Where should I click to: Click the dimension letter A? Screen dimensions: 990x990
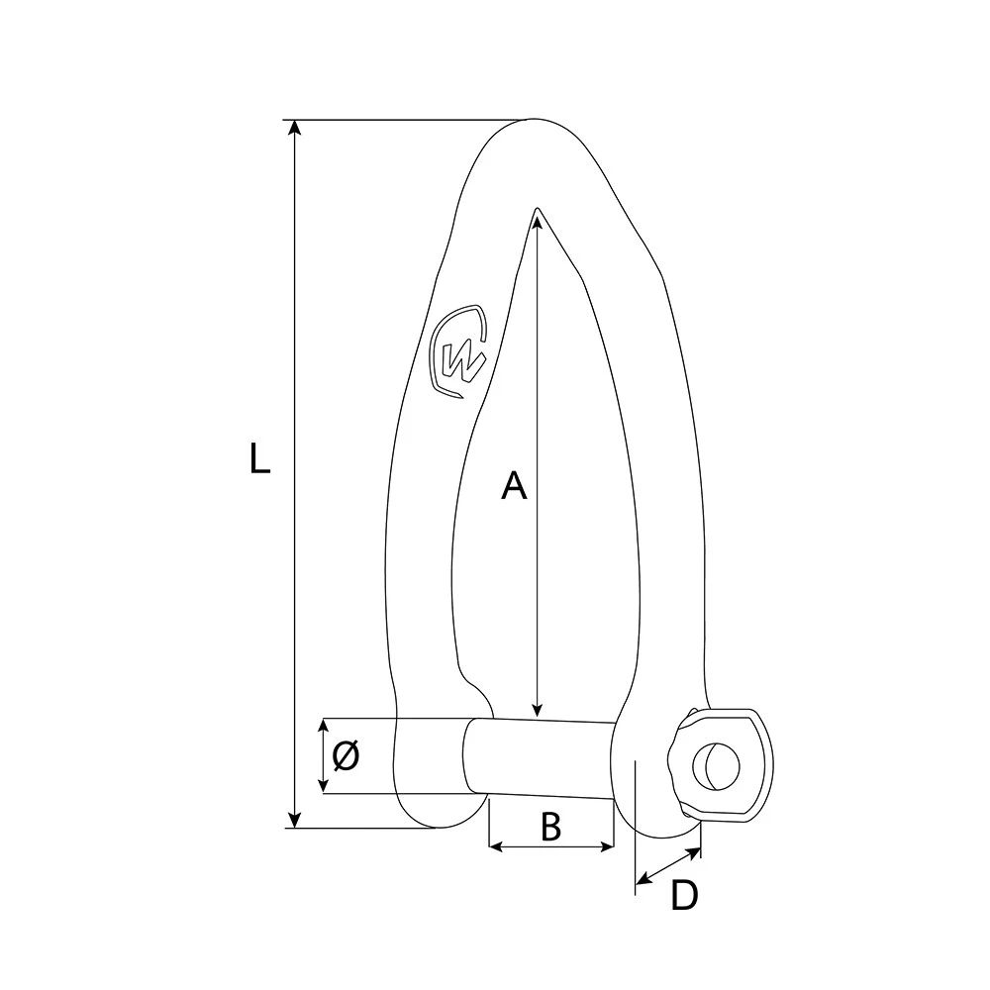pos(513,485)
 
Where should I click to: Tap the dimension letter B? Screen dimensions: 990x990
pos(550,827)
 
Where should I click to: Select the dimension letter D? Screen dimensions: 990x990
pos(684,896)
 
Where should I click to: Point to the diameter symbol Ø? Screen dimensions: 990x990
pos(346,756)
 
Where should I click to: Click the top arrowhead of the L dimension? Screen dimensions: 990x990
pos(293,128)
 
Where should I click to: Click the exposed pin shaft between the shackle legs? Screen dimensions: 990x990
pos(540,757)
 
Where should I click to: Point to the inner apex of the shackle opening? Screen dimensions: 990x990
pos(536,209)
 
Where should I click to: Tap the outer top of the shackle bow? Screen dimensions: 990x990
pos(535,120)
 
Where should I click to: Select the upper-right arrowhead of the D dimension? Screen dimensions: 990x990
pos(695,850)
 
